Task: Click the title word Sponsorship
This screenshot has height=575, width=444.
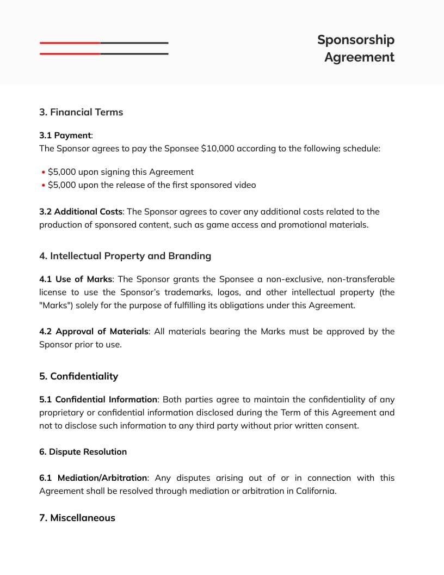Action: point(355,40)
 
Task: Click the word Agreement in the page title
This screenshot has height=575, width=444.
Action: point(359,57)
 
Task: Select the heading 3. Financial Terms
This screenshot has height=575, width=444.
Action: point(81,112)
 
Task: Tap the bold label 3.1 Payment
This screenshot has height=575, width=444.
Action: point(65,135)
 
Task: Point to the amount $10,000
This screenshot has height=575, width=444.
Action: point(217,148)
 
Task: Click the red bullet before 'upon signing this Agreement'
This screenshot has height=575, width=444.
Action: point(43,172)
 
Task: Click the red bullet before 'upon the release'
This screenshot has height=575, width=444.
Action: point(43,185)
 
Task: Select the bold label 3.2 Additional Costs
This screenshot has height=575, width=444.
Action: point(81,211)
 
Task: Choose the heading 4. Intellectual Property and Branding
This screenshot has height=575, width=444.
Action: point(125,256)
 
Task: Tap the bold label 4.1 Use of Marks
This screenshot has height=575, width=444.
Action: point(76,279)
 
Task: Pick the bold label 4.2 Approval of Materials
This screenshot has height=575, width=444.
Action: point(94,332)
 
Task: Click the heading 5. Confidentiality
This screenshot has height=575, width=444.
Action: point(78,376)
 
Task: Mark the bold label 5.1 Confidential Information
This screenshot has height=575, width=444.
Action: point(98,400)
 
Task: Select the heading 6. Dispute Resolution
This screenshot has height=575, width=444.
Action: point(83,452)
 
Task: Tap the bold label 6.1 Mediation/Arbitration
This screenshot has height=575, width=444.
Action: point(93,478)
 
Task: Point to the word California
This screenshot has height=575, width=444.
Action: point(315,491)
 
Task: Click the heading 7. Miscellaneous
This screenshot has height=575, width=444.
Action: point(77,518)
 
